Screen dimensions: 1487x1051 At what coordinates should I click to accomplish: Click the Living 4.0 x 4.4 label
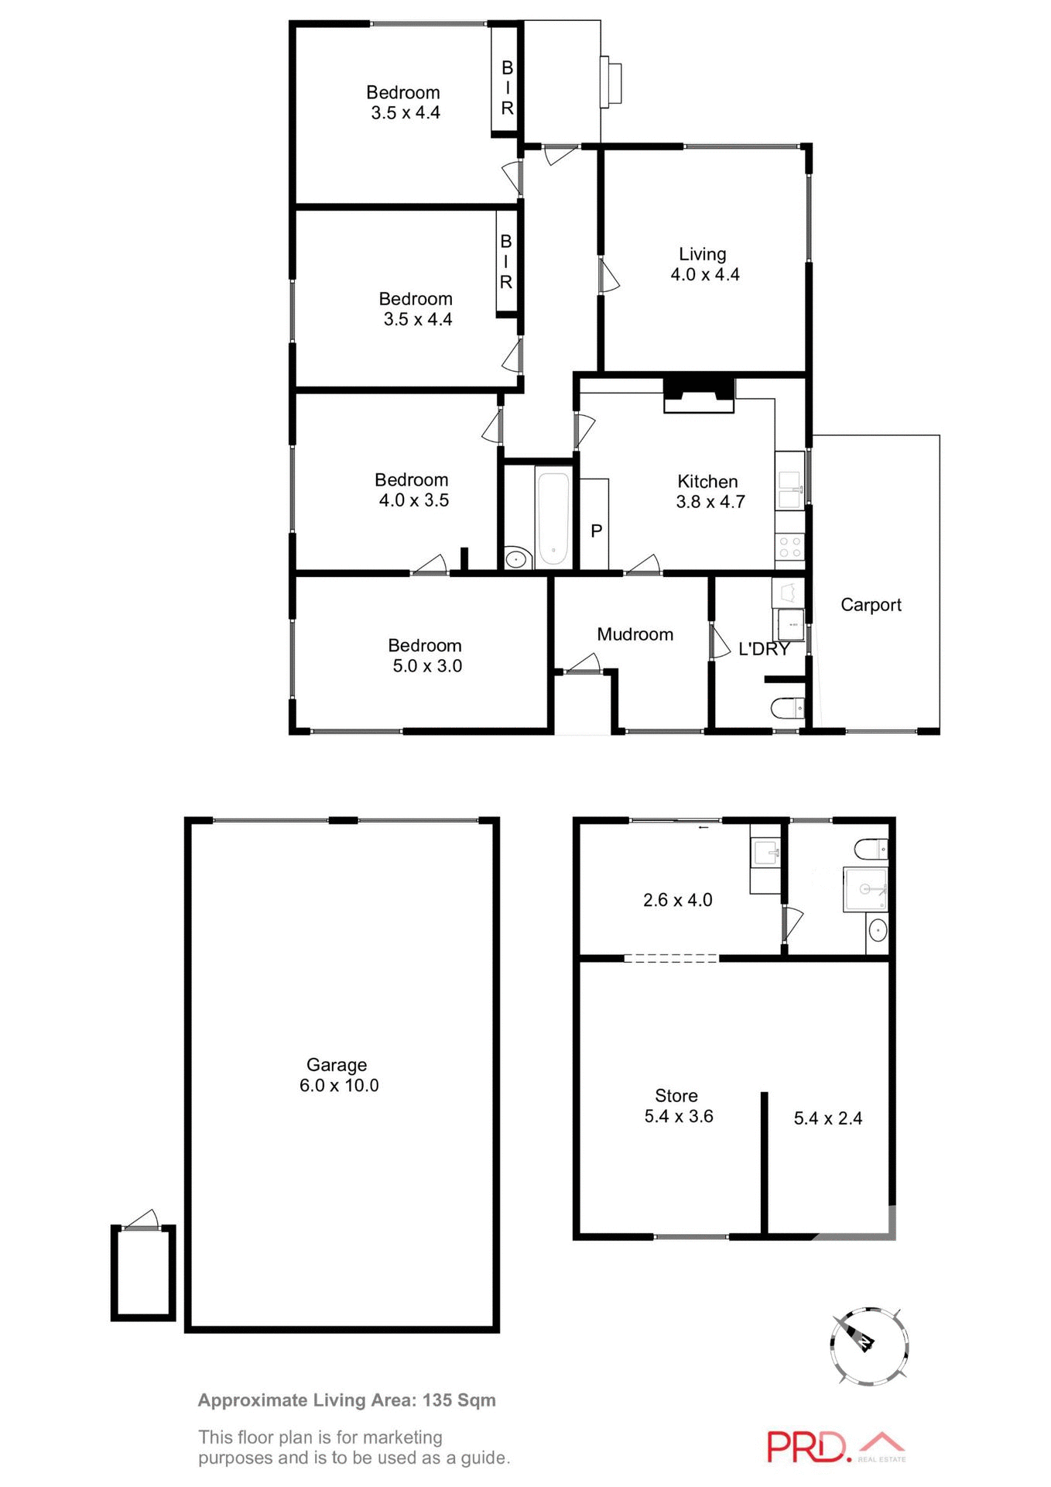704,264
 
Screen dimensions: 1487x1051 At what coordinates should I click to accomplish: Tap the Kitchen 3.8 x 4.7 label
710,492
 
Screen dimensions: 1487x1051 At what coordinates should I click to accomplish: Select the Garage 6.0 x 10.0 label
338,1075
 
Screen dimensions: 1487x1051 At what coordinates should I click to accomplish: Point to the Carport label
871,605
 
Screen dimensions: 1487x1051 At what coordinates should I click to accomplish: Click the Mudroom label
635,634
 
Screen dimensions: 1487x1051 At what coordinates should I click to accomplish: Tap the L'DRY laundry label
763,649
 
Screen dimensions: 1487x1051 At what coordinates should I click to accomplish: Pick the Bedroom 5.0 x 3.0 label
426,655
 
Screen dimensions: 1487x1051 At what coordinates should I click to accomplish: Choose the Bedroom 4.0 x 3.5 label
413,490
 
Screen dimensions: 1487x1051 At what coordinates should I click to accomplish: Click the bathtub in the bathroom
553,518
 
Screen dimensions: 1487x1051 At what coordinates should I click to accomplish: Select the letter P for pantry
596,531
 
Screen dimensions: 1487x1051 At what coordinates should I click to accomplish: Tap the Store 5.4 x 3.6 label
678,1106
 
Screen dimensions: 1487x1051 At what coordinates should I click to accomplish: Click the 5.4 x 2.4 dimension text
827,1118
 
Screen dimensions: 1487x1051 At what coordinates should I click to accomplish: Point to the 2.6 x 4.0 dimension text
677,900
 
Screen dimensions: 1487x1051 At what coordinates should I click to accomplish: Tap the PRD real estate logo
835,1447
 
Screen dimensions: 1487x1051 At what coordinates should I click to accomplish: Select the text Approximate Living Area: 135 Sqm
347,1400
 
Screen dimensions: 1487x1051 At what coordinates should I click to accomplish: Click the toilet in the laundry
789,708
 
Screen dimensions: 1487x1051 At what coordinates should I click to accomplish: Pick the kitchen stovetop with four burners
789,547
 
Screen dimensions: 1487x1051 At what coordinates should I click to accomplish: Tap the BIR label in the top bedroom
507,88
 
